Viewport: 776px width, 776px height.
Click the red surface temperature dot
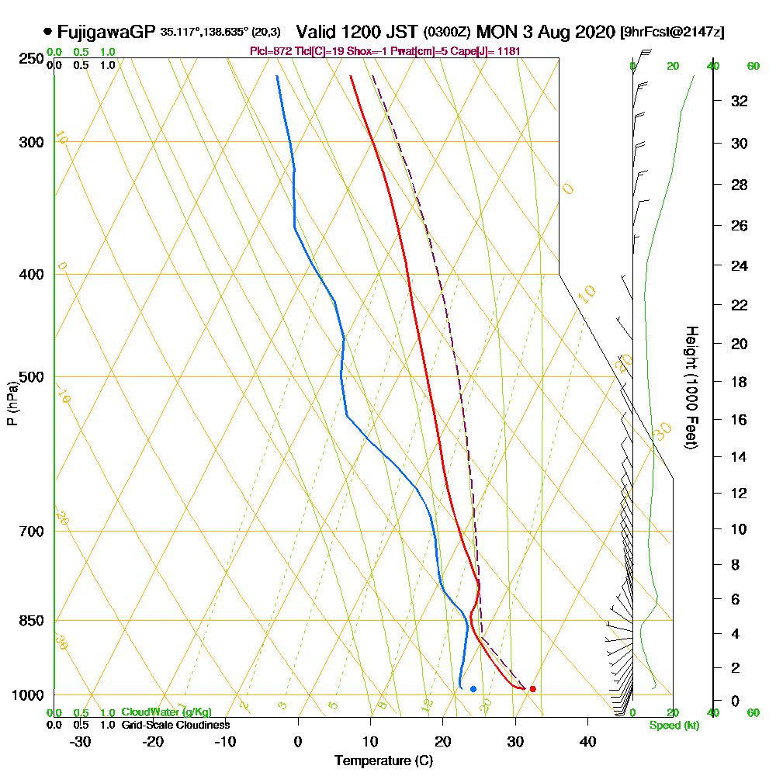[532, 689]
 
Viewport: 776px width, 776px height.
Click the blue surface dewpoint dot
[473, 689]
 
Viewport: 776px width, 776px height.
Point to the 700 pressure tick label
[31, 532]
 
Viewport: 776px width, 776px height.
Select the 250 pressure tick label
[31, 58]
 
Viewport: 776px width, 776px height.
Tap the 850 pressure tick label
[31, 621]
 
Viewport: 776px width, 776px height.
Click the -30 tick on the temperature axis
[81, 741]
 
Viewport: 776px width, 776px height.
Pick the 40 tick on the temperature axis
[587, 741]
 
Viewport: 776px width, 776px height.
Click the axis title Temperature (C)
[383, 761]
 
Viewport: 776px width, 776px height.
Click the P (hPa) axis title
[12, 403]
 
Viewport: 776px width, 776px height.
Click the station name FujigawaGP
[106, 32]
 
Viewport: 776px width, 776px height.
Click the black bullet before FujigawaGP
[48, 32]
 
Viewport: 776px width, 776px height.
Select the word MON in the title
[494, 32]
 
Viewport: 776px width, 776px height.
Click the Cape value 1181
[508, 51]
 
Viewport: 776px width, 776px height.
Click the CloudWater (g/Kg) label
[166, 712]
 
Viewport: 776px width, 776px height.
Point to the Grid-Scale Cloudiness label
[175, 725]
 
